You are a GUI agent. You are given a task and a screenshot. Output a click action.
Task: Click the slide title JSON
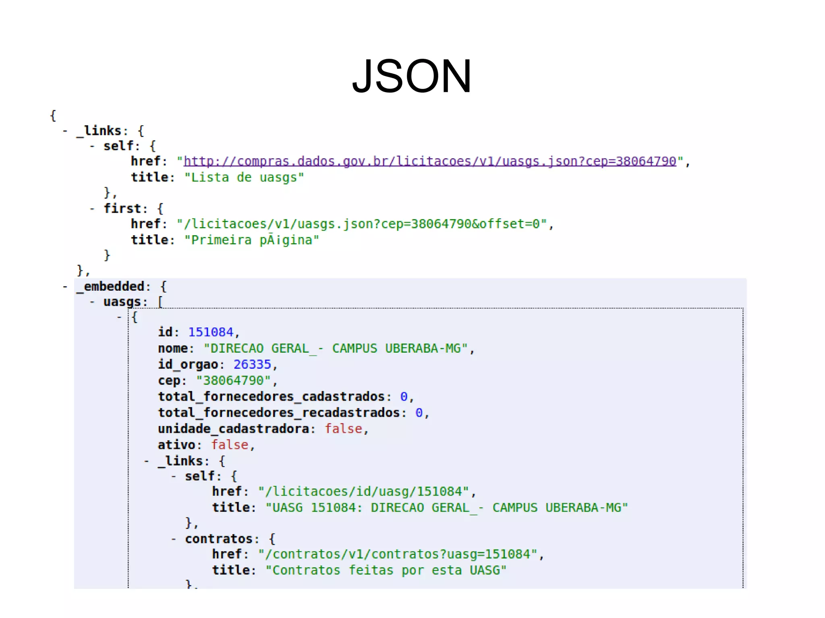click(x=412, y=76)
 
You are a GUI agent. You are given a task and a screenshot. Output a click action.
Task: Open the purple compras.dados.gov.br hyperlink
click(x=430, y=161)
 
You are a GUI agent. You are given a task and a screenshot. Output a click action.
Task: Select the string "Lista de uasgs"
click(x=244, y=178)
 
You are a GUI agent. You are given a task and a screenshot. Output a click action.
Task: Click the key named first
click(x=122, y=209)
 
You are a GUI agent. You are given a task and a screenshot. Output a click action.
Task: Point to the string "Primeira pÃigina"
click(x=252, y=240)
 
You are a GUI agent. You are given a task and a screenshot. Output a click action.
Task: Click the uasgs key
click(x=122, y=302)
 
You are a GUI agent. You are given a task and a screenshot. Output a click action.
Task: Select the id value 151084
click(x=211, y=332)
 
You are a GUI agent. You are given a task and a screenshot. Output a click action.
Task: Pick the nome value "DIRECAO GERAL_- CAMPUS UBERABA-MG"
click(x=336, y=348)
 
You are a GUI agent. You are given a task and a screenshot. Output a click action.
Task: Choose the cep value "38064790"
click(x=233, y=380)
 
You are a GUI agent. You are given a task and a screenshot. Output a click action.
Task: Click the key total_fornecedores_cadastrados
click(x=271, y=397)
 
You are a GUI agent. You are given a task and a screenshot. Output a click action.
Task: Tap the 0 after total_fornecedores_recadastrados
click(x=419, y=413)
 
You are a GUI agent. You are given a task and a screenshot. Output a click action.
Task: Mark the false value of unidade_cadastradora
click(x=344, y=429)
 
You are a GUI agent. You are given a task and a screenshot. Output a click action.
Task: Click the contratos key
click(x=219, y=539)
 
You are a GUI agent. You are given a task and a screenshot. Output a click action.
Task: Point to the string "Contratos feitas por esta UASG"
click(x=386, y=570)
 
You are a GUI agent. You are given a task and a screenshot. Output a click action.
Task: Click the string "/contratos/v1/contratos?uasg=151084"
click(x=398, y=554)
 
